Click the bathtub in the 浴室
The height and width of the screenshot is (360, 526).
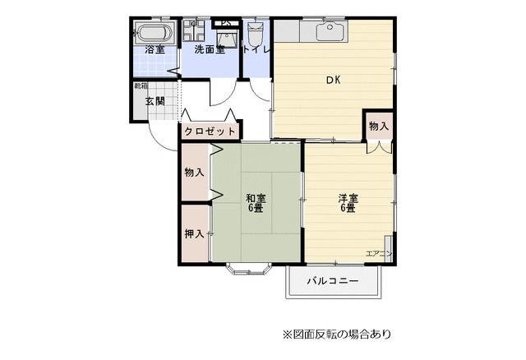(x=154, y=34)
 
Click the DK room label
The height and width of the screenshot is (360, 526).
(x=333, y=80)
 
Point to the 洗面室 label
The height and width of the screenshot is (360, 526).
(x=210, y=50)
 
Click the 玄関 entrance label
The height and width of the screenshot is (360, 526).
(x=155, y=102)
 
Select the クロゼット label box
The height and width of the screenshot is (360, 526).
(x=210, y=131)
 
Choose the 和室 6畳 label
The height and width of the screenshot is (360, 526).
(x=256, y=203)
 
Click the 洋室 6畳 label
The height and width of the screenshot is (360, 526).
(x=348, y=203)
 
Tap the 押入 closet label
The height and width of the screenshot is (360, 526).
(x=194, y=234)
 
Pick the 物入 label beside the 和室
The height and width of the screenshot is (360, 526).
(x=194, y=173)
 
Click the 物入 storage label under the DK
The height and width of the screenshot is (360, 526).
(x=378, y=127)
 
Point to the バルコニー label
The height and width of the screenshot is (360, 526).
(x=333, y=281)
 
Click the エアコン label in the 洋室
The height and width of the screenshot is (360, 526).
(x=378, y=252)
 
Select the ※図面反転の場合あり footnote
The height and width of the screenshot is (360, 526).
(x=337, y=335)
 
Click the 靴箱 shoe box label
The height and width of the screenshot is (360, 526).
(x=141, y=85)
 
